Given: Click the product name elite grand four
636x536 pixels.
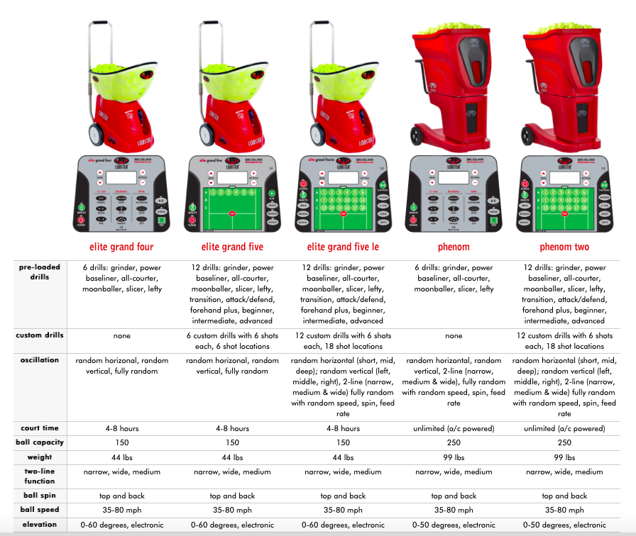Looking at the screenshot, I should pyautogui.click(x=122, y=247).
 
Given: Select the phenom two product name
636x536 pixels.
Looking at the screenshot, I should pyautogui.click(x=564, y=247).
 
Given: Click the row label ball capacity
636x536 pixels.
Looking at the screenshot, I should pyautogui.click(x=40, y=442).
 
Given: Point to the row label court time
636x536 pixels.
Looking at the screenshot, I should pyautogui.click(x=40, y=428).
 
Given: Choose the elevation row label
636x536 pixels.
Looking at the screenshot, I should pyautogui.click(x=40, y=525).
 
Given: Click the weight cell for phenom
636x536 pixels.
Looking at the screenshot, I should pyautogui.click(x=454, y=457).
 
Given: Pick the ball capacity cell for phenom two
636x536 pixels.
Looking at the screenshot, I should pyautogui.click(x=564, y=442).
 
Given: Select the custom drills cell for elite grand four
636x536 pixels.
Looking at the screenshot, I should pyautogui.click(x=122, y=336).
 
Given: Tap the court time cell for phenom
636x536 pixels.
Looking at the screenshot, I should pyautogui.click(x=454, y=428).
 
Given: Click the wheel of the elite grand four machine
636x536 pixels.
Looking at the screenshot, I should pyautogui.click(x=94, y=132).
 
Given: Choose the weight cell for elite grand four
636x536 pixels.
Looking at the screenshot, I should pyautogui.click(x=122, y=457).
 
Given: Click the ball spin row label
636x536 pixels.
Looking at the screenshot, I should pyautogui.click(x=40, y=496).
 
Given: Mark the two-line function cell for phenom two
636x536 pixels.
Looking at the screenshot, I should pyautogui.click(x=564, y=471).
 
